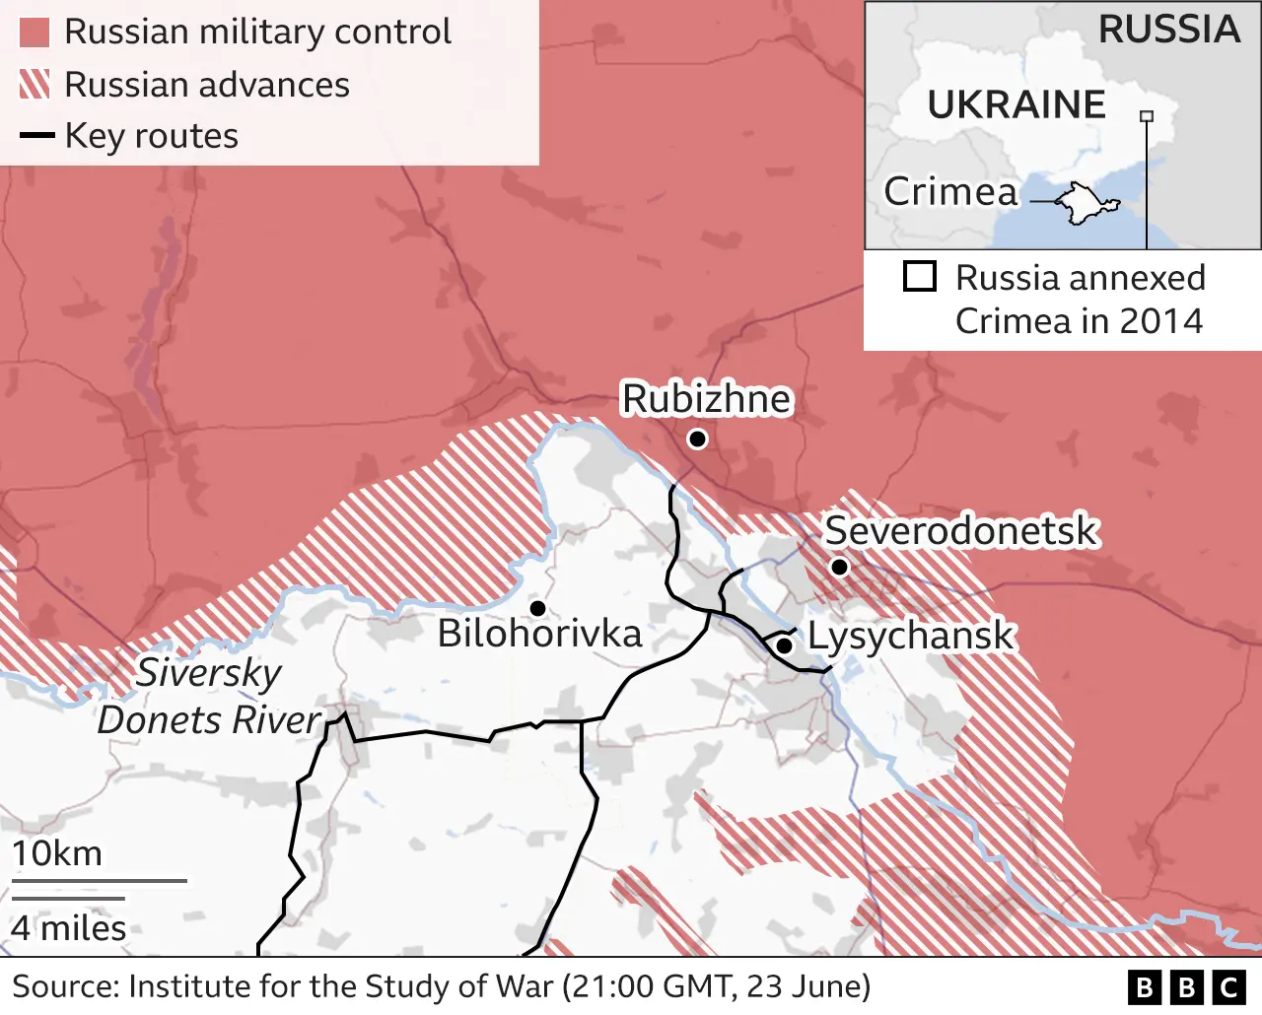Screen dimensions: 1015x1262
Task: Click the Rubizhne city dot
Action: (x=697, y=439)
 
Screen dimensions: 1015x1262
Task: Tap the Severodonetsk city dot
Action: (x=839, y=567)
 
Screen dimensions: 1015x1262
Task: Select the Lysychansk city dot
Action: (x=784, y=645)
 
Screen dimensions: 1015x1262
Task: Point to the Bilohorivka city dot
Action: (x=538, y=608)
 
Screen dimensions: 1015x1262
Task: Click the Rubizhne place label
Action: (x=706, y=399)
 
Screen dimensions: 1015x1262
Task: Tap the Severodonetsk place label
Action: (x=960, y=530)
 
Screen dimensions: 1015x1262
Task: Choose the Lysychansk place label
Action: (x=910, y=636)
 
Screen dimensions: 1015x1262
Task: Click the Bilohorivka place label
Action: (x=539, y=634)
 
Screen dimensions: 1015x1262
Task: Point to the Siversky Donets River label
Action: (x=209, y=697)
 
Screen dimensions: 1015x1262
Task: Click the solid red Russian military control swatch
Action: (x=35, y=33)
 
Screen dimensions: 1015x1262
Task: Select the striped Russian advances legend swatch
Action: (x=35, y=85)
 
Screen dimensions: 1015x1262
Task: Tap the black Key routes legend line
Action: (x=36, y=136)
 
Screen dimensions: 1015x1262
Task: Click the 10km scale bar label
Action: (x=57, y=853)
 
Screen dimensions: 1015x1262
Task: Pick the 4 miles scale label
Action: (x=69, y=928)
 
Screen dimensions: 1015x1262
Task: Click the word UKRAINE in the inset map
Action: (x=1016, y=104)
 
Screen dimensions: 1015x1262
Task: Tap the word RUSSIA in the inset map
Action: (x=1169, y=30)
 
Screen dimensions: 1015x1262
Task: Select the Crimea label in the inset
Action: (x=950, y=191)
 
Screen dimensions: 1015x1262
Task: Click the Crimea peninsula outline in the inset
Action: (x=1087, y=203)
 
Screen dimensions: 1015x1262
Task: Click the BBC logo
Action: (x=1187, y=986)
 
